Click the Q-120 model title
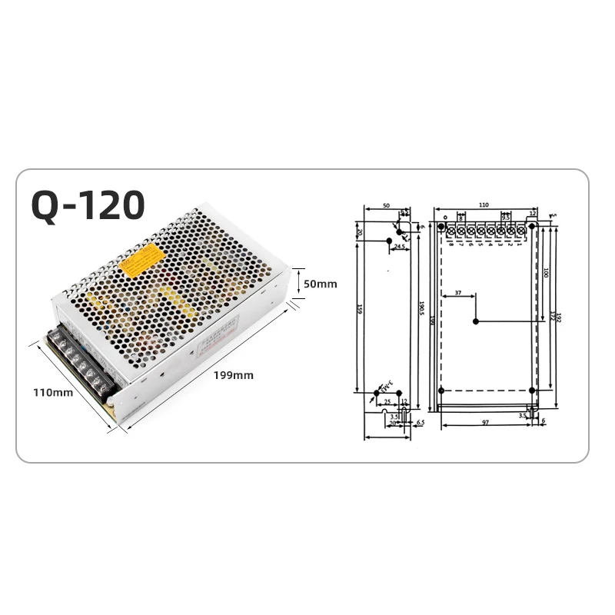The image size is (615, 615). tap(88, 205)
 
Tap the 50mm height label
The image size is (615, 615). tap(321, 284)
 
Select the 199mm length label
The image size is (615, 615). tap(234, 375)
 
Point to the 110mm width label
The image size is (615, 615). tap(53, 393)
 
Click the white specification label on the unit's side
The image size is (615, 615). tap(216, 338)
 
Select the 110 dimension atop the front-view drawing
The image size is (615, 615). tap(484, 206)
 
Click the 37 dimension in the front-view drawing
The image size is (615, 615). tap(458, 293)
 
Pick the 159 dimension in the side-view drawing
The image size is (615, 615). tap(357, 311)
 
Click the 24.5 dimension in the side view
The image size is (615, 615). tap(401, 247)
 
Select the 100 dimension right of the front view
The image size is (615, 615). tap(545, 273)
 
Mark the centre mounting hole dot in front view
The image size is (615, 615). tap(476, 321)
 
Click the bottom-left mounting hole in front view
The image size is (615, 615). tap(440, 392)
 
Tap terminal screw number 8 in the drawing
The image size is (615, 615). tap(451, 230)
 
